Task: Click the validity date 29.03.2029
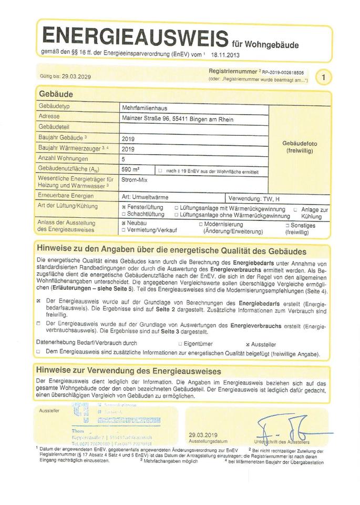(x=76, y=76)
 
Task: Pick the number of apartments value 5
(x=124, y=158)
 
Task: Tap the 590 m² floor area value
(x=130, y=170)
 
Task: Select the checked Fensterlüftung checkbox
(x=124, y=208)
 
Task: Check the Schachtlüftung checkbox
(x=124, y=215)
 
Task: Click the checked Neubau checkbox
(x=124, y=223)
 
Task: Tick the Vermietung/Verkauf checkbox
(x=124, y=230)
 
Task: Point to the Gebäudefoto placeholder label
(x=300, y=147)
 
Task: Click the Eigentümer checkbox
(x=180, y=343)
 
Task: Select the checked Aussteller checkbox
(x=248, y=343)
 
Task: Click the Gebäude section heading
(x=56, y=94)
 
